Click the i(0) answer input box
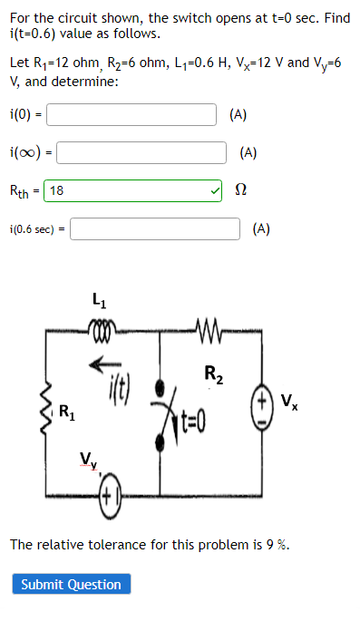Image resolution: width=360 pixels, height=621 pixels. (131, 114)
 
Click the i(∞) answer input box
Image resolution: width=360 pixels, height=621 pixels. (141, 152)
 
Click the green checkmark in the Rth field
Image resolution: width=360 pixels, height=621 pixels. (214, 190)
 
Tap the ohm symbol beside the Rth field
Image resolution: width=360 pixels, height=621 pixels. (240, 191)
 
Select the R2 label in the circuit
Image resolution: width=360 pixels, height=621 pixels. (211, 373)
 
